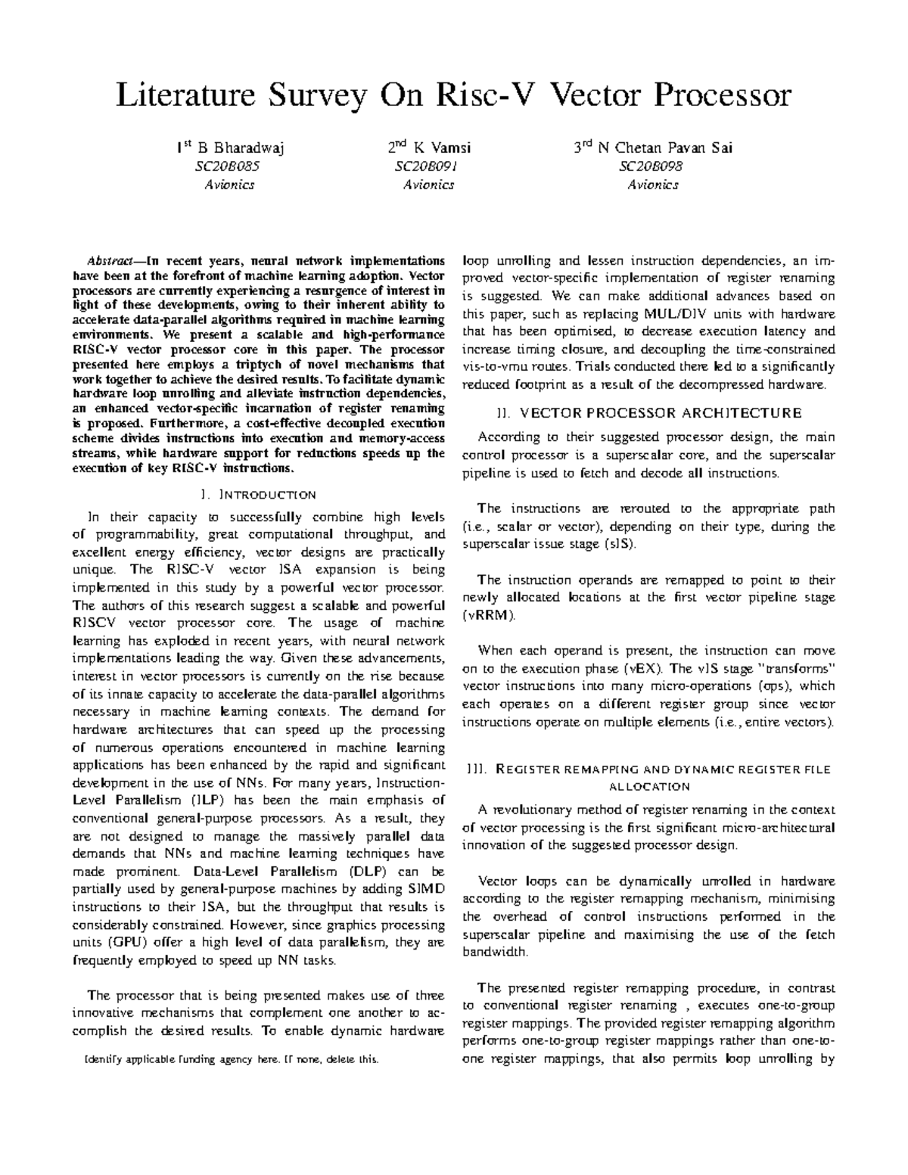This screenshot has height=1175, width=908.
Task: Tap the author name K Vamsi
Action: (x=440, y=148)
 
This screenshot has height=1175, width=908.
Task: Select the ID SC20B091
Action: (x=428, y=166)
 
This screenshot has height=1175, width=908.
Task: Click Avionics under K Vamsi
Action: (x=428, y=185)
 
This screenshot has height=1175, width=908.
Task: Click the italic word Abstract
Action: (x=114, y=261)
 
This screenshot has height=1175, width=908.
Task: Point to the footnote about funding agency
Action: (x=234, y=1059)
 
